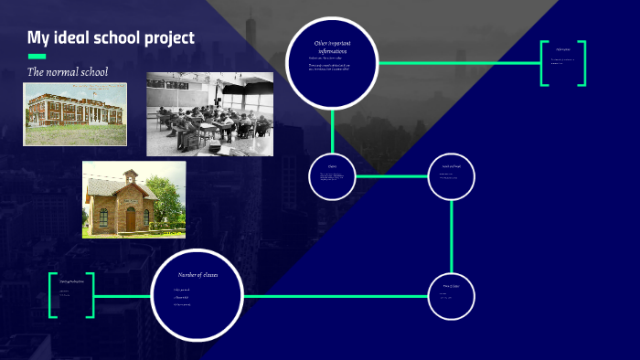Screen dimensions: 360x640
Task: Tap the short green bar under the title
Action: [x=37, y=56]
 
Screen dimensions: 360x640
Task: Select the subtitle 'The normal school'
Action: [x=68, y=72]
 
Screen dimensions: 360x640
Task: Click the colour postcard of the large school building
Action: [x=75, y=114]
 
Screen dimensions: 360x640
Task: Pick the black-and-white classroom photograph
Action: [x=209, y=113]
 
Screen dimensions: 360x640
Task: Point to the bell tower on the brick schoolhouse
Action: [x=131, y=177]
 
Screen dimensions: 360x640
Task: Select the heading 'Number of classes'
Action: [x=197, y=275]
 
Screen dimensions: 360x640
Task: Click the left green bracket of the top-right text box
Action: [x=544, y=63]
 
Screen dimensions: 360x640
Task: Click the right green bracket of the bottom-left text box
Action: [x=91, y=296]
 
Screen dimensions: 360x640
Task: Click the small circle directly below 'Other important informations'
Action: [x=332, y=176]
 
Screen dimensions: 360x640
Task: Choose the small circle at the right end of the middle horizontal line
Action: [x=452, y=176]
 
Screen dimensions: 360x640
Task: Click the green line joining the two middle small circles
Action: [x=391, y=176]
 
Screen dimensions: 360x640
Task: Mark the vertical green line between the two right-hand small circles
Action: [x=452, y=236]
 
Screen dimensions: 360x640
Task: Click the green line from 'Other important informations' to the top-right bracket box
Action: [x=457, y=63]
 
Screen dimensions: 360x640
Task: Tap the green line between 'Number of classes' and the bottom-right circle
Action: [x=335, y=296]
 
